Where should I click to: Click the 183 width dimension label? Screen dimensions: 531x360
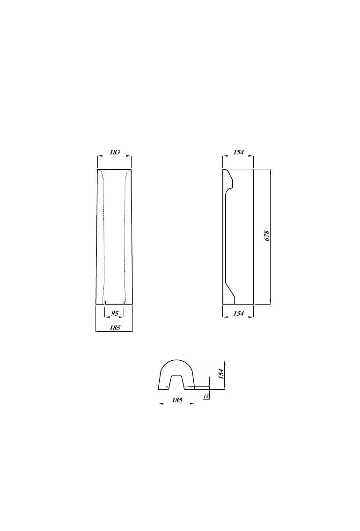[x=115, y=152]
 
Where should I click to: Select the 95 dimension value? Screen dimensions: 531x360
[x=115, y=313]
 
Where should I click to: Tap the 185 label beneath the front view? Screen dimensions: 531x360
[x=115, y=327]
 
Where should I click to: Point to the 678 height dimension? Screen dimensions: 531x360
[x=268, y=236]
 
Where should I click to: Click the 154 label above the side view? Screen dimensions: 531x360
[x=238, y=152]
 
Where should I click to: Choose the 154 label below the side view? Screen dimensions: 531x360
[x=238, y=313]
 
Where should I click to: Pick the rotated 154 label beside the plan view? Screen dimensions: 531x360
[x=221, y=373]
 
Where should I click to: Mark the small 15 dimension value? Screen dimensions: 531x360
[x=206, y=396]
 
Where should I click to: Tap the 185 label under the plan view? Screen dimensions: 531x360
[x=177, y=400]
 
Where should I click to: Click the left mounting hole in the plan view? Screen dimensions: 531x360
[x=167, y=387]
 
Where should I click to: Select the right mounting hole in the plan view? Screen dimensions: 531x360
[x=186, y=387]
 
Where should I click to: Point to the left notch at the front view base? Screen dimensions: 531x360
[x=105, y=302]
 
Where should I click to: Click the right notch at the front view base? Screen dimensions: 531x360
[x=124, y=302]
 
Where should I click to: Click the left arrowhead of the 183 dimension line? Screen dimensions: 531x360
[x=99, y=156]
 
